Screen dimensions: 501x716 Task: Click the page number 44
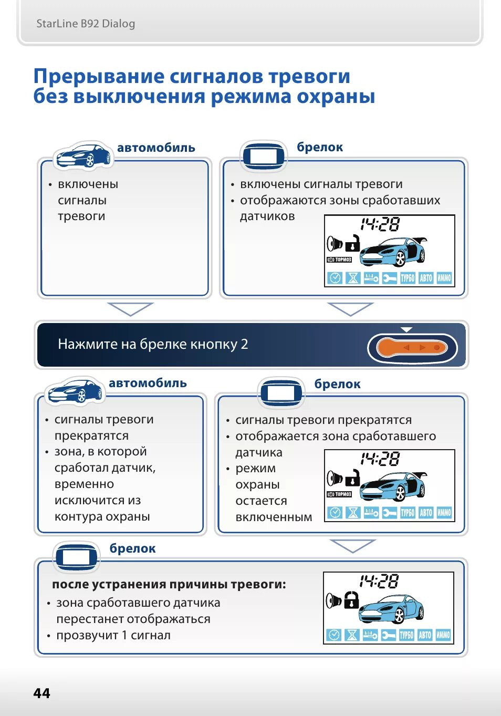coord(41,693)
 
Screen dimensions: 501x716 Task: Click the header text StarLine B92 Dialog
coord(86,24)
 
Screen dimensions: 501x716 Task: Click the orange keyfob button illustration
coord(413,348)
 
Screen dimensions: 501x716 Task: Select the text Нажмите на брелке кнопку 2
coord(153,344)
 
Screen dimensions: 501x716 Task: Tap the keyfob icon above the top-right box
coord(264,156)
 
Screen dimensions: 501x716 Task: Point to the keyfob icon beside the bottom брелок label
coord(77,557)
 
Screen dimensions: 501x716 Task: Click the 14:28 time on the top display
coord(380,225)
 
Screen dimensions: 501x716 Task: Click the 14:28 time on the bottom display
coord(379,581)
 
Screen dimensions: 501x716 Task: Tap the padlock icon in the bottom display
coord(351,599)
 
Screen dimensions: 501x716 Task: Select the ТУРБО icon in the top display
coord(408,278)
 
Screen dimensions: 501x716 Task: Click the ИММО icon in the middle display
coord(444,512)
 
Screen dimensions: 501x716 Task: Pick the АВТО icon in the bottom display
coord(425,635)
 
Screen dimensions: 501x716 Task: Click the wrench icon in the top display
coord(389,278)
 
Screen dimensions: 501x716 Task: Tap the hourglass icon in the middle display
coord(353,512)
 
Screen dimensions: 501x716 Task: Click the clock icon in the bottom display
coord(334,635)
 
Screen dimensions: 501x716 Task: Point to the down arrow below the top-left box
coord(130,309)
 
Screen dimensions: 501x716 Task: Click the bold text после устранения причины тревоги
coord(169,584)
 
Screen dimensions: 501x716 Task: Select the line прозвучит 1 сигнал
coord(113,635)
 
